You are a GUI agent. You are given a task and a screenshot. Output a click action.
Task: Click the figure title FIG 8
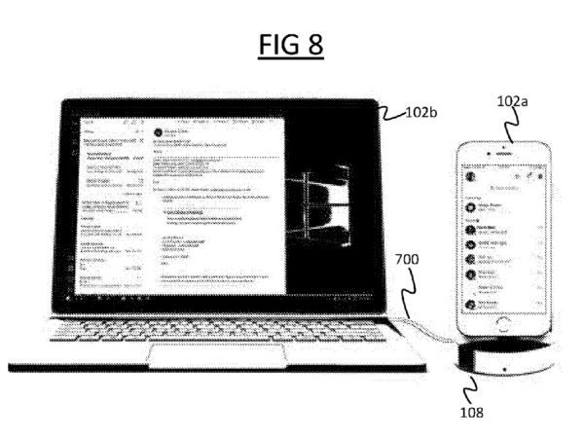coord(291,46)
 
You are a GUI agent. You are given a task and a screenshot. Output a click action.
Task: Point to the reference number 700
coord(409,261)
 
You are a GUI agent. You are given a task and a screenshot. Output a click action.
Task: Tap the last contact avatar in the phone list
coord(470,304)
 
